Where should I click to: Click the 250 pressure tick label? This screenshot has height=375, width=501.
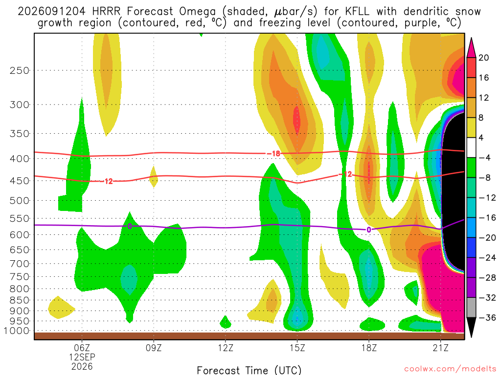click(x=20, y=70)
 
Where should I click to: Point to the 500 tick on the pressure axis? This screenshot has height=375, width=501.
click(x=20, y=201)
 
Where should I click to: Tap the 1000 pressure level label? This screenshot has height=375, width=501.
click(x=17, y=331)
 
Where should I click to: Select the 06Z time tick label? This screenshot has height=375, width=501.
click(x=82, y=348)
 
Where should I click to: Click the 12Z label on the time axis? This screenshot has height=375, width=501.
click(x=226, y=348)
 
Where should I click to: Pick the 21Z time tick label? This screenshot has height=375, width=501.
click(x=441, y=348)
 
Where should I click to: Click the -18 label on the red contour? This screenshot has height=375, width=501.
click(x=273, y=154)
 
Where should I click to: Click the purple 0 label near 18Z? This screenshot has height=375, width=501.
click(x=369, y=229)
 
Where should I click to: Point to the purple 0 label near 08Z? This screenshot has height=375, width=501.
click(x=129, y=226)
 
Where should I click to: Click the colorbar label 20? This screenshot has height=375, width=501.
click(x=483, y=58)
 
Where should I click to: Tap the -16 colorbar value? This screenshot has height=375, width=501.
click(x=487, y=218)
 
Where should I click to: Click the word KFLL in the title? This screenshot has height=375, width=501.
click(x=357, y=12)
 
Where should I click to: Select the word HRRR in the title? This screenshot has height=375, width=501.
click(x=106, y=12)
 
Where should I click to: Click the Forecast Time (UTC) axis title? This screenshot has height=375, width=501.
click(x=249, y=370)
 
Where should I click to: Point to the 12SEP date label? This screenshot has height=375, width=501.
click(x=82, y=357)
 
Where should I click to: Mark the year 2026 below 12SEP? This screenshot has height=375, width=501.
click(x=82, y=366)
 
